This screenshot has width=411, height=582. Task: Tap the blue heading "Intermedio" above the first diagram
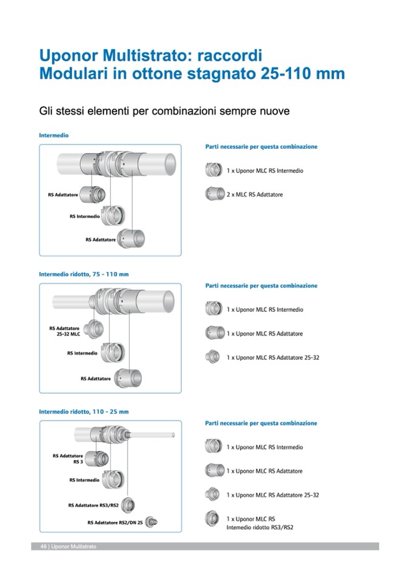coord(53,135)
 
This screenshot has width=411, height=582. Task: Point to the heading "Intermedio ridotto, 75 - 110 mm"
coord(84,274)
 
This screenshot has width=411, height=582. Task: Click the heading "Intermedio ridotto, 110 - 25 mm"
coord(84,411)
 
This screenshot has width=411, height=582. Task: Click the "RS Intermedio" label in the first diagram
coord(84,216)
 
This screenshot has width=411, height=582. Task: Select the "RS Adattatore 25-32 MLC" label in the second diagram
coord(64,331)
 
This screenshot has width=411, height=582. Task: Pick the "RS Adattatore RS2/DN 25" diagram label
coord(115,522)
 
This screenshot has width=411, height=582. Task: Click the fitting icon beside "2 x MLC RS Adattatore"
coord(215,194)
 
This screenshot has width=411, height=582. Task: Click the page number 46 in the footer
coord(44,546)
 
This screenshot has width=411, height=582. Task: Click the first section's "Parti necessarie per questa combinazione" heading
coord(261,147)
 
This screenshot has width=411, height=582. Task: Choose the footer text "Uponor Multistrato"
coord(73,546)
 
